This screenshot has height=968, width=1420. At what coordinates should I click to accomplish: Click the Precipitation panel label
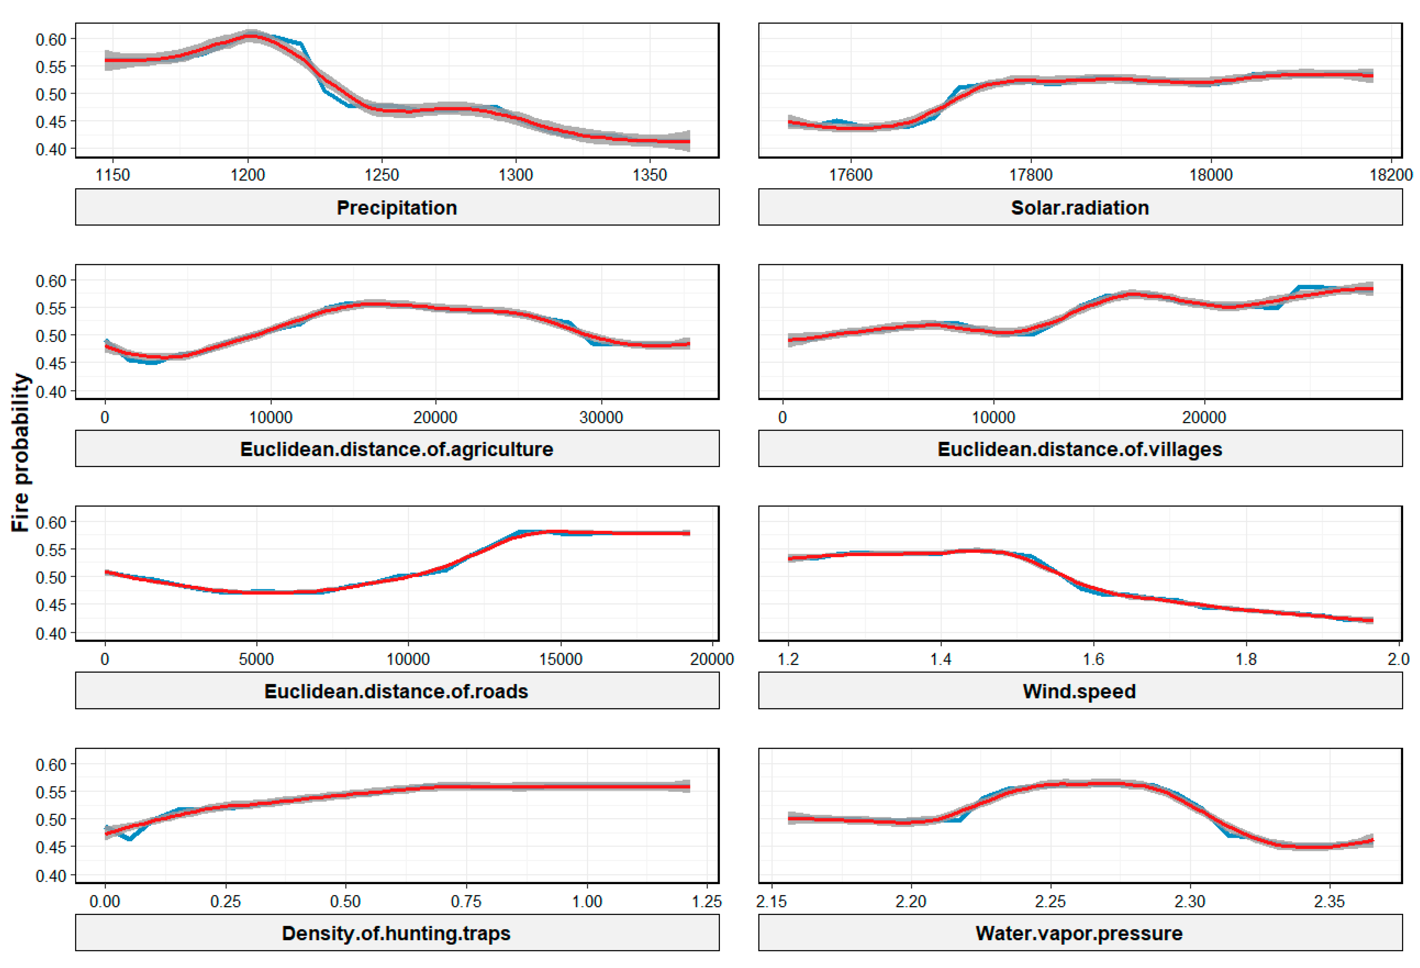pyautogui.click(x=397, y=208)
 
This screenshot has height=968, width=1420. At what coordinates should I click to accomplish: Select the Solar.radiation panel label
pyautogui.click(x=1080, y=208)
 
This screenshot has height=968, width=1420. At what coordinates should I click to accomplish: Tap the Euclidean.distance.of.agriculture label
pyautogui.click(x=397, y=449)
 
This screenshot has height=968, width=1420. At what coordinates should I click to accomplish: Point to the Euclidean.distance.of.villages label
pyautogui.click(x=1080, y=449)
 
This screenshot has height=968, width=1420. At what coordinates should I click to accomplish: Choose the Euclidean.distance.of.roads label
pyautogui.click(x=397, y=691)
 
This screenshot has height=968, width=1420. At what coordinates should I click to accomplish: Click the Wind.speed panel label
pyautogui.click(x=1080, y=691)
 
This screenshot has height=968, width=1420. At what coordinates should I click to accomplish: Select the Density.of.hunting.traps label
pyautogui.click(x=397, y=933)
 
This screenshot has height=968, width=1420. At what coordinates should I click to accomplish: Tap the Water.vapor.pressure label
pyautogui.click(x=1080, y=933)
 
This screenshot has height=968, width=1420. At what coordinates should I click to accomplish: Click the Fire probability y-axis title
pyautogui.click(x=20, y=452)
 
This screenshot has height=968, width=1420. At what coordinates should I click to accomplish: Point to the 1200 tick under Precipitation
pyautogui.click(x=247, y=176)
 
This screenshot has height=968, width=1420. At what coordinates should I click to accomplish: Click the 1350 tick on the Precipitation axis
pyautogui.click(x=649, y=176)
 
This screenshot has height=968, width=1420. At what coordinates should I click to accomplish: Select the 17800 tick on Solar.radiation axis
pyautogui.click(x=1031, y=176)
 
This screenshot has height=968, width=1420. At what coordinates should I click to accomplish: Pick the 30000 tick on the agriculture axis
pyautogui.click(x=601, y=417)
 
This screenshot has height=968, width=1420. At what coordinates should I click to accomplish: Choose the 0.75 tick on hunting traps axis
pyautogui.click(x=466, y=901)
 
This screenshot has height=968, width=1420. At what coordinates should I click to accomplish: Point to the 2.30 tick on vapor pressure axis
pyautogui.click(x=1190, y=901)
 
